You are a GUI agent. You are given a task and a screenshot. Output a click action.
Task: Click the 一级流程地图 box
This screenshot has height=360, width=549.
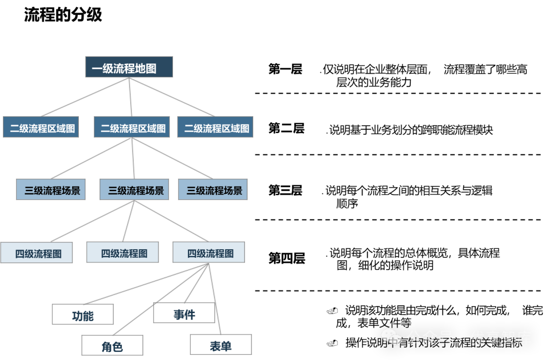129,67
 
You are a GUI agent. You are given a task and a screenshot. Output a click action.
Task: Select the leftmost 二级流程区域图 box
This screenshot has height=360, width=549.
42,127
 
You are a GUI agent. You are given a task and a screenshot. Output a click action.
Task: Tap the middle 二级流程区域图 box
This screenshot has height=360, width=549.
133,127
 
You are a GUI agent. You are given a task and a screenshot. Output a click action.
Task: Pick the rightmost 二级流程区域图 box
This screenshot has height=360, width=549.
215,127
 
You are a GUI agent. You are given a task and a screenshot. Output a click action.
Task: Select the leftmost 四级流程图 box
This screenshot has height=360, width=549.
37,253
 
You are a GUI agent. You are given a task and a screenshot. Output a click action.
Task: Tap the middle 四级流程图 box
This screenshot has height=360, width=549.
123,253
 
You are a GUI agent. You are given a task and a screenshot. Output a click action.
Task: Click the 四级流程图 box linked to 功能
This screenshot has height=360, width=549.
208,253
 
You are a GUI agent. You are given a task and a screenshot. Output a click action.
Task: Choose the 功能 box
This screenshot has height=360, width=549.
83,315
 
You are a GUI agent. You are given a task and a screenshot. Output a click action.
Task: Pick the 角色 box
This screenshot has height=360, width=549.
112,346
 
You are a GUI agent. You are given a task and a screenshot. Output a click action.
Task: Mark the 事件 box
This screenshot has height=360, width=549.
184,313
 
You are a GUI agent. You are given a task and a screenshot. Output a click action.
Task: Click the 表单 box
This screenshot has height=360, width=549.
221,345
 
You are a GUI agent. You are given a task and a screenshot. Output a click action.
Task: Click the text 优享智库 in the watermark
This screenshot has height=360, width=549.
501,338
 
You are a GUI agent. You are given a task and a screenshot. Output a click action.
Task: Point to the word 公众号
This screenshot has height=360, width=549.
430,338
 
